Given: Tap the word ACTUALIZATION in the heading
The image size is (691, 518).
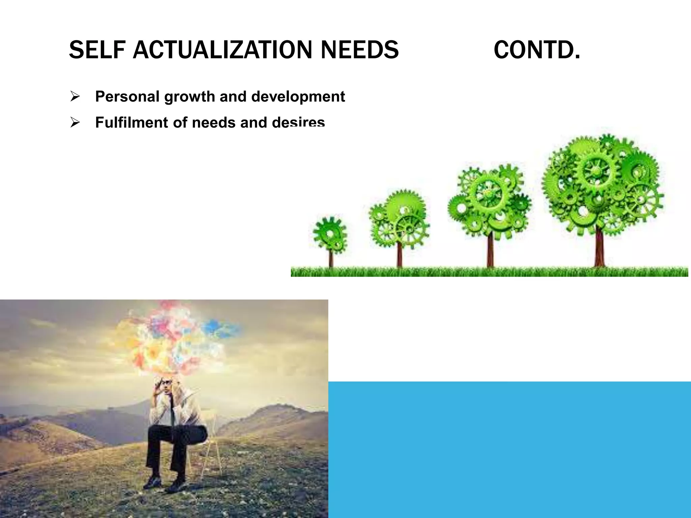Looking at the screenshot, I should tap(222, 50).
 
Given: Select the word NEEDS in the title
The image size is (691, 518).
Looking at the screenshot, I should tap(359, 50).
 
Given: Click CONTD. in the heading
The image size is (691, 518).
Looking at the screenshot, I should tap(537, 50).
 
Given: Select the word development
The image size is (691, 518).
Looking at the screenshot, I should tap(298, 97).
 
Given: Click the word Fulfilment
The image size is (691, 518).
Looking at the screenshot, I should tap(132, 122).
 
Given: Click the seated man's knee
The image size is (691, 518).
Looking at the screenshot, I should tap(196, 432).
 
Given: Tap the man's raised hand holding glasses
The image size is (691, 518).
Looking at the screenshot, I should tap(159, 384).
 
